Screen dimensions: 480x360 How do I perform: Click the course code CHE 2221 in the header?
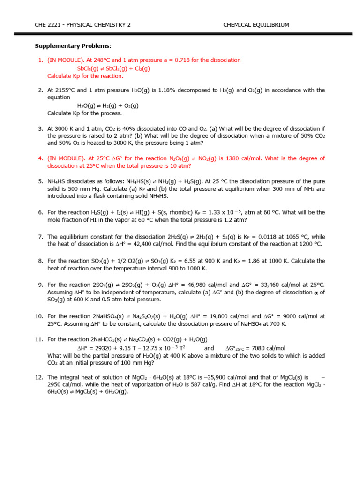tap(48, 25)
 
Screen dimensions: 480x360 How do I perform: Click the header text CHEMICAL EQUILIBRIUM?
tap(256, 25)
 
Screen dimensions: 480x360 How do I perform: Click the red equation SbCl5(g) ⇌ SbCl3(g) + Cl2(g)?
tap(113, 68)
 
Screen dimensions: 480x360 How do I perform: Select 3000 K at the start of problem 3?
tap(65, 128)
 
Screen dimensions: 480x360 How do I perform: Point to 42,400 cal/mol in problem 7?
tap(139, 244)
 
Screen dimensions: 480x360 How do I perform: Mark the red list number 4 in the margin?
tap(41, 159)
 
